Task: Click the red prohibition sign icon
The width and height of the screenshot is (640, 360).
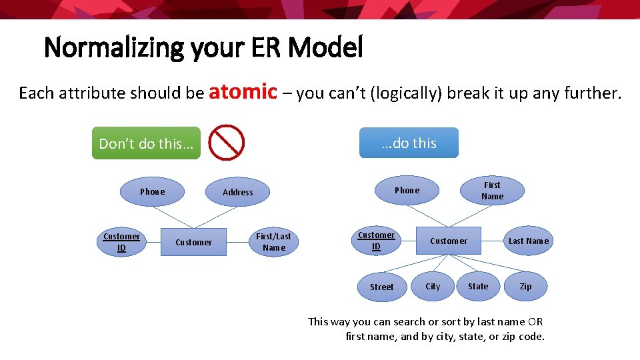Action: [227, 143]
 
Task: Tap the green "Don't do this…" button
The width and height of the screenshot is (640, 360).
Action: [146, 143]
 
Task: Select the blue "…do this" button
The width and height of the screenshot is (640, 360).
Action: [409, 143]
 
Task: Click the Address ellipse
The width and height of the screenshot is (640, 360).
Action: [238, 192]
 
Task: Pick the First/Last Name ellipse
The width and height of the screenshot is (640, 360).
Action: [274, 242]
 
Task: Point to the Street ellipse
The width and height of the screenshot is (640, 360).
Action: [382, 287]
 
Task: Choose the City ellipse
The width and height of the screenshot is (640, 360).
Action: [433, 286]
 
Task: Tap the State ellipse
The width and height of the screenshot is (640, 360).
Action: [478, 286]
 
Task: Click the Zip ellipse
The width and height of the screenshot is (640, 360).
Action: [526, 286]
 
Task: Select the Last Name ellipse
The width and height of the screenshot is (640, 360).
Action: [529, 241]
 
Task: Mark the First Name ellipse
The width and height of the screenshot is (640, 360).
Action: [492, 191]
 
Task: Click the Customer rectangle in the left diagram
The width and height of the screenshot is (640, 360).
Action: [193, 242]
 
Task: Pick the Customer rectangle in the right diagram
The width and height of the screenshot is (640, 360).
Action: [449, 241]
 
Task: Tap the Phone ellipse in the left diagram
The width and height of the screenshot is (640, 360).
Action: [152, 191]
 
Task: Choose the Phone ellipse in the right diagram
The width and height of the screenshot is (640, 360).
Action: [407, 190]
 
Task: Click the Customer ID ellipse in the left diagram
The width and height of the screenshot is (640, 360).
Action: [121, 242]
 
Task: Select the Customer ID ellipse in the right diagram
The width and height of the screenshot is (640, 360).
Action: [376, 241]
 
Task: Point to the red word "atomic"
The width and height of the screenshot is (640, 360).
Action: [243, 91]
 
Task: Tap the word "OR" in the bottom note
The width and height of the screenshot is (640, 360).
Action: [535, 321]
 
